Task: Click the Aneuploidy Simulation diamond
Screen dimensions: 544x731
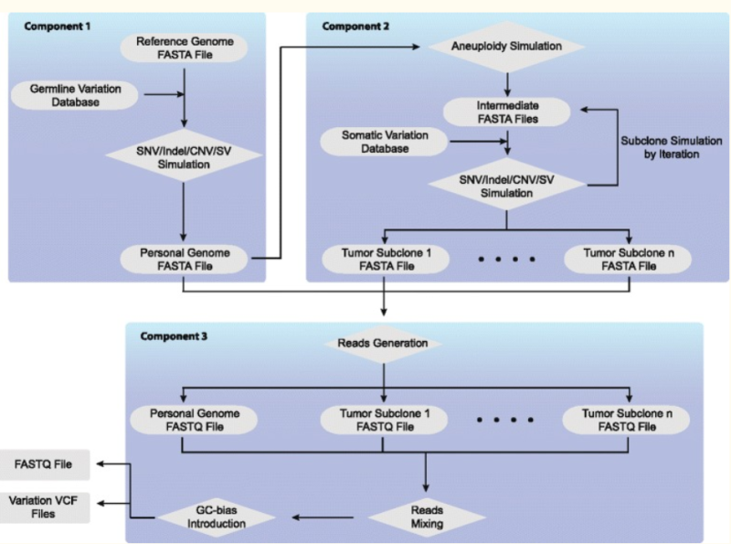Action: pos(505,45)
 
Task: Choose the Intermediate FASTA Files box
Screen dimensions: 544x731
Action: pos(505,112)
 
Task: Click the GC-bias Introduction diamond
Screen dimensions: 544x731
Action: pos(216,517)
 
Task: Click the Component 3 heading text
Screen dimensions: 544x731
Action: pos(174,336)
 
